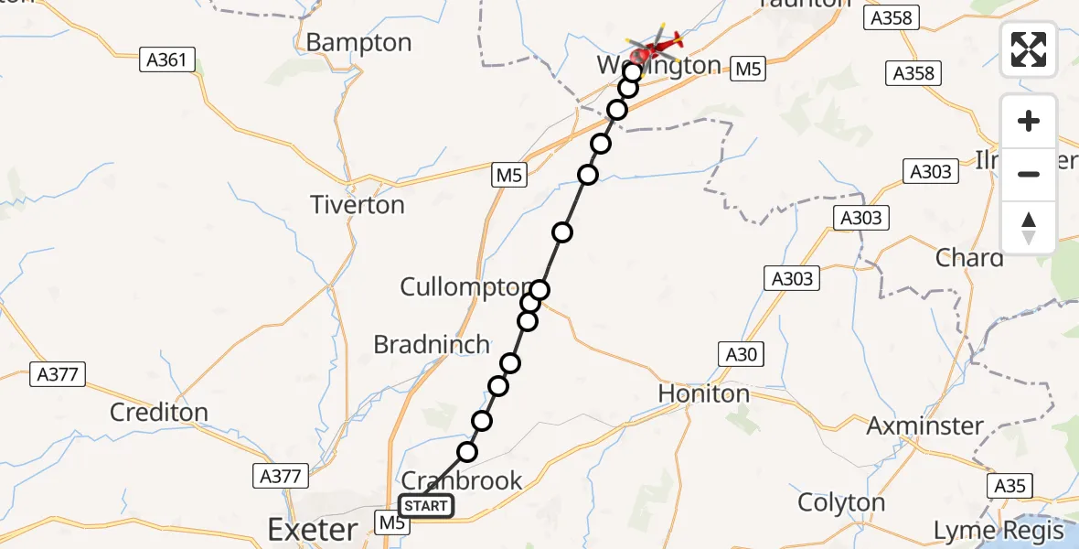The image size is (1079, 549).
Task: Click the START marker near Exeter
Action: (425, 506)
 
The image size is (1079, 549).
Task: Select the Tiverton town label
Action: (358, 205)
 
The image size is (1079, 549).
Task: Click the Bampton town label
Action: (358, 43)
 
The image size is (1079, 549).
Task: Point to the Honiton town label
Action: (704, 393)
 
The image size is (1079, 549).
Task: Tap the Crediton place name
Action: (159, 413)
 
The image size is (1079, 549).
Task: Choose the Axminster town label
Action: (924, 425)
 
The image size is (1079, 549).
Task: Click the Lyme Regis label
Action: (999, 531)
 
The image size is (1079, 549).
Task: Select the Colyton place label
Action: (841, 502)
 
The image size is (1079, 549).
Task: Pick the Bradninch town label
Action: (432, 344)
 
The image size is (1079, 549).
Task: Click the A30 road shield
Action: (741, 354)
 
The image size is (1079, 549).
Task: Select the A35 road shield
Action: (1010, 485)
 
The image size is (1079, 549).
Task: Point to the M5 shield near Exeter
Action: (391, 522)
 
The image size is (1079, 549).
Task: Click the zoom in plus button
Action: (1029, 121)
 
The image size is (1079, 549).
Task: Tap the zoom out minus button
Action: (1029, 174)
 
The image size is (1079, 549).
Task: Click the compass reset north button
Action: (1029, 228)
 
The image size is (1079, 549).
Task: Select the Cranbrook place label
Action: (463, 480)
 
